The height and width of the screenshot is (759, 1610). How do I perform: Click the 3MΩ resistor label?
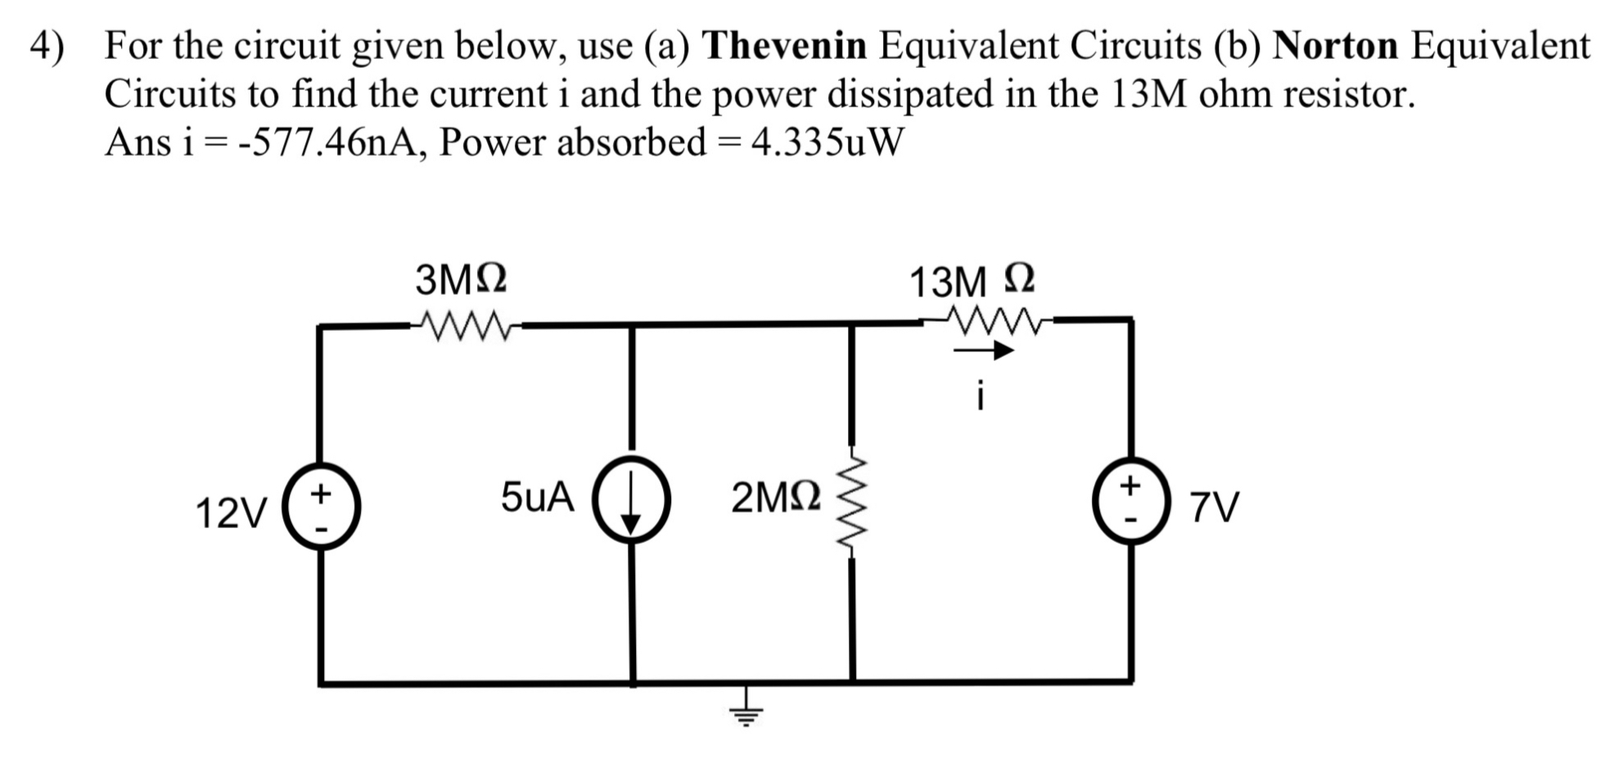pos(461,280)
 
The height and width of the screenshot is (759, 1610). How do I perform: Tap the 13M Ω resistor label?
pos(972,282)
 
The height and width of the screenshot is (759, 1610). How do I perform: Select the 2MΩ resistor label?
pos(775,498)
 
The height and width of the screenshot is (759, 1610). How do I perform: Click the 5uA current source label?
pos(537,497)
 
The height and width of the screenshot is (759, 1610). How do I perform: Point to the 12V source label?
pos(231,513)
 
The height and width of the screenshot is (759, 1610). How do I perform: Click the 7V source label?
pos(1214,508)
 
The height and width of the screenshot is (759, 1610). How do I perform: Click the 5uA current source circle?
pos(631,500)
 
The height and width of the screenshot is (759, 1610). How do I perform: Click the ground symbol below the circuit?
pos(745,715)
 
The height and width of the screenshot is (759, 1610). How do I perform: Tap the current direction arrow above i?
pos(982,351)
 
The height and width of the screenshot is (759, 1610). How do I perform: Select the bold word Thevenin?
pos(784,45)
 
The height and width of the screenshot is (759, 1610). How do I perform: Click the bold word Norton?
pos(1335,45)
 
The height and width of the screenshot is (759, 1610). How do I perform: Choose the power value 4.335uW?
pos(827,143)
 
